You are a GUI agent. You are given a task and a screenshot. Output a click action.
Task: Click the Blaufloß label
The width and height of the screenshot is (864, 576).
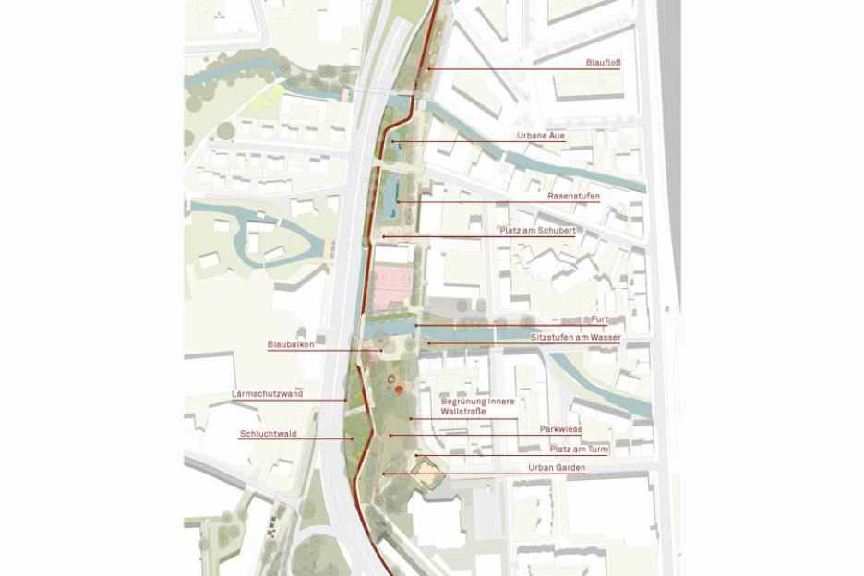tap(604, 63)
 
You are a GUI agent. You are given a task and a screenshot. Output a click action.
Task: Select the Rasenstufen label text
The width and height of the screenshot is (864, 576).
tap(573, 197)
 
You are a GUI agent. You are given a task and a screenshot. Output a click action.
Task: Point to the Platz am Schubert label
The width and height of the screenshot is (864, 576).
tap(538, 230)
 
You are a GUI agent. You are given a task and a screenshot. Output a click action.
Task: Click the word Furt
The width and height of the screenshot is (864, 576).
tap(600, 319)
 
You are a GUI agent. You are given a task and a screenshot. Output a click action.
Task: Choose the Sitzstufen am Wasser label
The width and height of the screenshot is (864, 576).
tap(575, 338)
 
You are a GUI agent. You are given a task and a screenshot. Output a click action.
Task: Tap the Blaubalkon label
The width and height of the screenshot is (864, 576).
tap(291, 344)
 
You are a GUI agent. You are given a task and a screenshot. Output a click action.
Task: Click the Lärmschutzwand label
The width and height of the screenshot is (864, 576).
tap(267, 394)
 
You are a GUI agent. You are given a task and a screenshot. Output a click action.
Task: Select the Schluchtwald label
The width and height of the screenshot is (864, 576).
tap(268, 433)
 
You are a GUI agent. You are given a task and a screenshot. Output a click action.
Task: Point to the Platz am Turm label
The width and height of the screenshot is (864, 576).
tap(579, 449)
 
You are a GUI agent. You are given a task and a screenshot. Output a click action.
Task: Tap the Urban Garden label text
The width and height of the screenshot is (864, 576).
tap(557, 468)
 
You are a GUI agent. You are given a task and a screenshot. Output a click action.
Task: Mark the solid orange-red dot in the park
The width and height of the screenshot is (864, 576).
tap(399, 390)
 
